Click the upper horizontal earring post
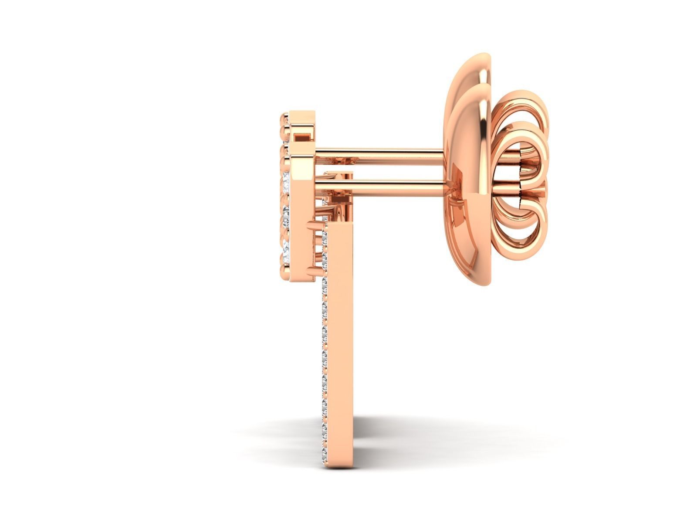click(x=379, y=153)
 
